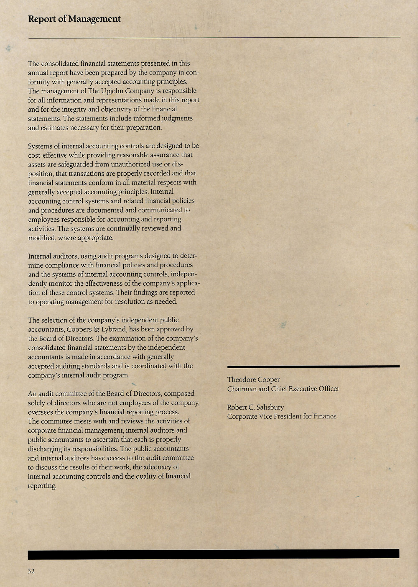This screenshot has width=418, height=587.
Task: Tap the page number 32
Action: tap(31, 572)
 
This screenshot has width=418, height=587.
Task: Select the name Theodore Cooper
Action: tap(253, 380)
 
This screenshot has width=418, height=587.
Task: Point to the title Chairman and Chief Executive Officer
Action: tap(283, 389)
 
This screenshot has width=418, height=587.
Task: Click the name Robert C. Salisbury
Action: tap(255, 408)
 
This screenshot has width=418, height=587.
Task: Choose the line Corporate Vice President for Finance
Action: tap(282, 417)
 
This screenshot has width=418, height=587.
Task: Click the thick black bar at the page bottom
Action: tap(213, 554)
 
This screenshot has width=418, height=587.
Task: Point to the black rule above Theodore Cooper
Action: tap(313, 367)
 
